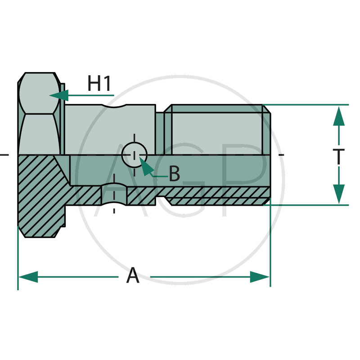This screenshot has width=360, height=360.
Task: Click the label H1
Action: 99,84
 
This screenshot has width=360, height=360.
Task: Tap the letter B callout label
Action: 175,174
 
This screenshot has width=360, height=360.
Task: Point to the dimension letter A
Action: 133,275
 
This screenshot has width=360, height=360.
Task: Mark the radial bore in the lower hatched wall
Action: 113,194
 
